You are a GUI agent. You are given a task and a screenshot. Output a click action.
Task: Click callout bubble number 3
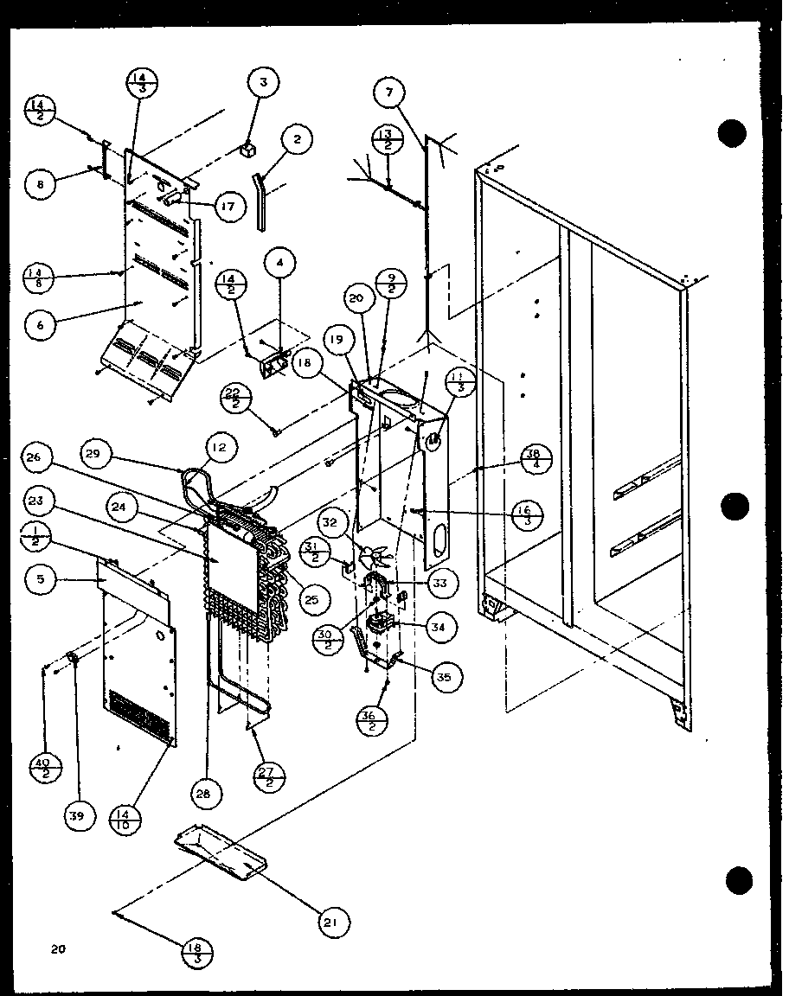[263, 83]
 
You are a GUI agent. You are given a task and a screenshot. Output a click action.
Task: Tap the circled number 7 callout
[390, 92]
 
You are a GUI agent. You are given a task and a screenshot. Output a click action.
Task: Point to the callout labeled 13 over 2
[386, 138]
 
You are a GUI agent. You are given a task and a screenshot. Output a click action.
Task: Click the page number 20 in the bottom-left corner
[57, 949]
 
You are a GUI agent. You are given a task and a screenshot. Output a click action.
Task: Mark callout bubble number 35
[444, 677]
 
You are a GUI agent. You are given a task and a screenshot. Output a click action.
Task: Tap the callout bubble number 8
[40, 183]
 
